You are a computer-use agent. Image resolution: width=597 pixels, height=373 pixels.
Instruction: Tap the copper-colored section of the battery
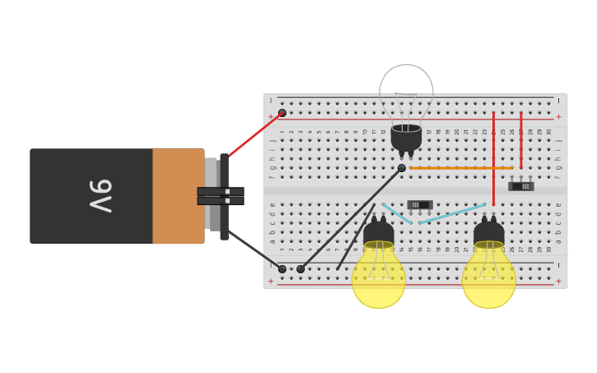[178, 196]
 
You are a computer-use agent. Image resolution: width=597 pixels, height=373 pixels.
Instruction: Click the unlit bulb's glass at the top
[406, 89]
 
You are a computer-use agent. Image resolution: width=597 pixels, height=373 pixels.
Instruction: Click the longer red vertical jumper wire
[493, 156]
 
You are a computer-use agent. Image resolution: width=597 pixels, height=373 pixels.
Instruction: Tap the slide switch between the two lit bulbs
[419, 204]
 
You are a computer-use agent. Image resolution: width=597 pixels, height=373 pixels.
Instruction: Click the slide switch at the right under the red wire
[521, 186]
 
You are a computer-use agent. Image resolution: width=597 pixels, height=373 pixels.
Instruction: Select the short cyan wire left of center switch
[397, 213]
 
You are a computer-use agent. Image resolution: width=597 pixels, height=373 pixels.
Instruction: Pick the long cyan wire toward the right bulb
[453, 213]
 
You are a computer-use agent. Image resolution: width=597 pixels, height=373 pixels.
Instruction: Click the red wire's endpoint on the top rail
[282, 113]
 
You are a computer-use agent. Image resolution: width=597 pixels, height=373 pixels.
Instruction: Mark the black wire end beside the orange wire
[402, 168]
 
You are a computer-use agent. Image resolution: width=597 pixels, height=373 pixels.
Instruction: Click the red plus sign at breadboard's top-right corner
[558, 117]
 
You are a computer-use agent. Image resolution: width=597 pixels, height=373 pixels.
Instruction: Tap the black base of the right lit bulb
[489, 233]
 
